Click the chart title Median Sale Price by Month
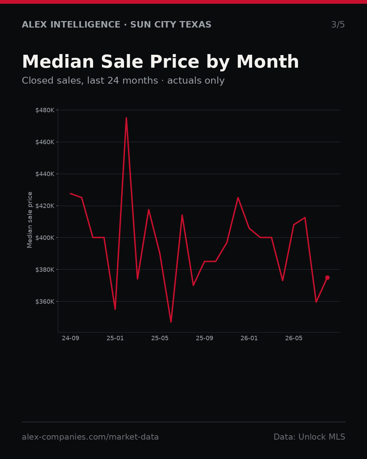pyautogui.click(x=160, y=62)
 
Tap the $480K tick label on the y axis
pyautogui.click(x=45, y=110)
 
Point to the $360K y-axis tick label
pyautogui.click(x=45, y=301)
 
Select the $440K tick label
pyautogui.click(x=45, y=174)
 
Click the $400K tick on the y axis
pyautogui.click(x=45, y=238)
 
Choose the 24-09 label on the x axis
pyautogui.click(x=71, y=338)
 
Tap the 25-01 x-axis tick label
pyautogui.click(x=115, y=338)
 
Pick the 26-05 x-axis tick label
pyautogui.click(x=294, y=338)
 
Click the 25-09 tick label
pyautogui.click(x=205, y=338)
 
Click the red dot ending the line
pyautogui.click(x=327, y=277)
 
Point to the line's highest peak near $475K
pyautogui.click(x=126, y=118)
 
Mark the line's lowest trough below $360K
pyautogui.click(x=171, y=322)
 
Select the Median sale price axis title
pyautogui.click(x=30, y=220)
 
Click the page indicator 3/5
pyautogui.click(x=338, y=24)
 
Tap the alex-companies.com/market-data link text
pyautogui.click(x=90, y=437)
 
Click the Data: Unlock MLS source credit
pyautogui.click(x=310, y=437)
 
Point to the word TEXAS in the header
pyautogui.click(x=195, y=24)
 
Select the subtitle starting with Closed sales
pyautogui.click(x=123, y=81)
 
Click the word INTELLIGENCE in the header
pyautogui.click(x=85, y=24)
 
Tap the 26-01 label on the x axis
pyautogui.click(x=249, y=338)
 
